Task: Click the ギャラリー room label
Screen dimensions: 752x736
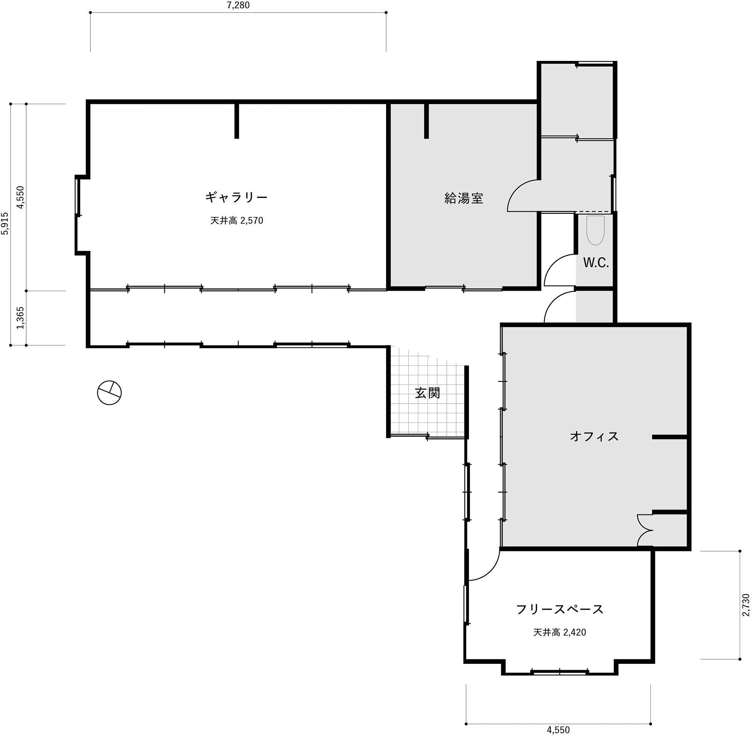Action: click(x=236, y=197)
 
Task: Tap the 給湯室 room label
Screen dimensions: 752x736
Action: click(x=464, y=199)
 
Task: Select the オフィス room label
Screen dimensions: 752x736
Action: click(x=594, y=436)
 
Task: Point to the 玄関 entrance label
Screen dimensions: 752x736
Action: click(x=428, y=393)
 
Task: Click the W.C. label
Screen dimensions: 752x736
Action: click(x=596, y=263)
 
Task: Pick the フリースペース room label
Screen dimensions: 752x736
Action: click(x=560, y=610)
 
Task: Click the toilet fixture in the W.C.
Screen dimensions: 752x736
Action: click(x=595, y=231)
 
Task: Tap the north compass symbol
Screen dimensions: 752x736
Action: click(x=109, y=393)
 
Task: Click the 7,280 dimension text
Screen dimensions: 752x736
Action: click(x=238, y=5)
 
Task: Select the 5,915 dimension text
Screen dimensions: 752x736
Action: click(x=5, y=223)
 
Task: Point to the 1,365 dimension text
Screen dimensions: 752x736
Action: click(x=20, y=318)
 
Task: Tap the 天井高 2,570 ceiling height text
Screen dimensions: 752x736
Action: click(x=237, y=221)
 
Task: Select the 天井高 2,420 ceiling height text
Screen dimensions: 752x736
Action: click(x=559, y=633)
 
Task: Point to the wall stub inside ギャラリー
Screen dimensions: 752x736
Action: click(x=237, y=121)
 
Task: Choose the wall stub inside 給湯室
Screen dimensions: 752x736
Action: click(x=426, y=121)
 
